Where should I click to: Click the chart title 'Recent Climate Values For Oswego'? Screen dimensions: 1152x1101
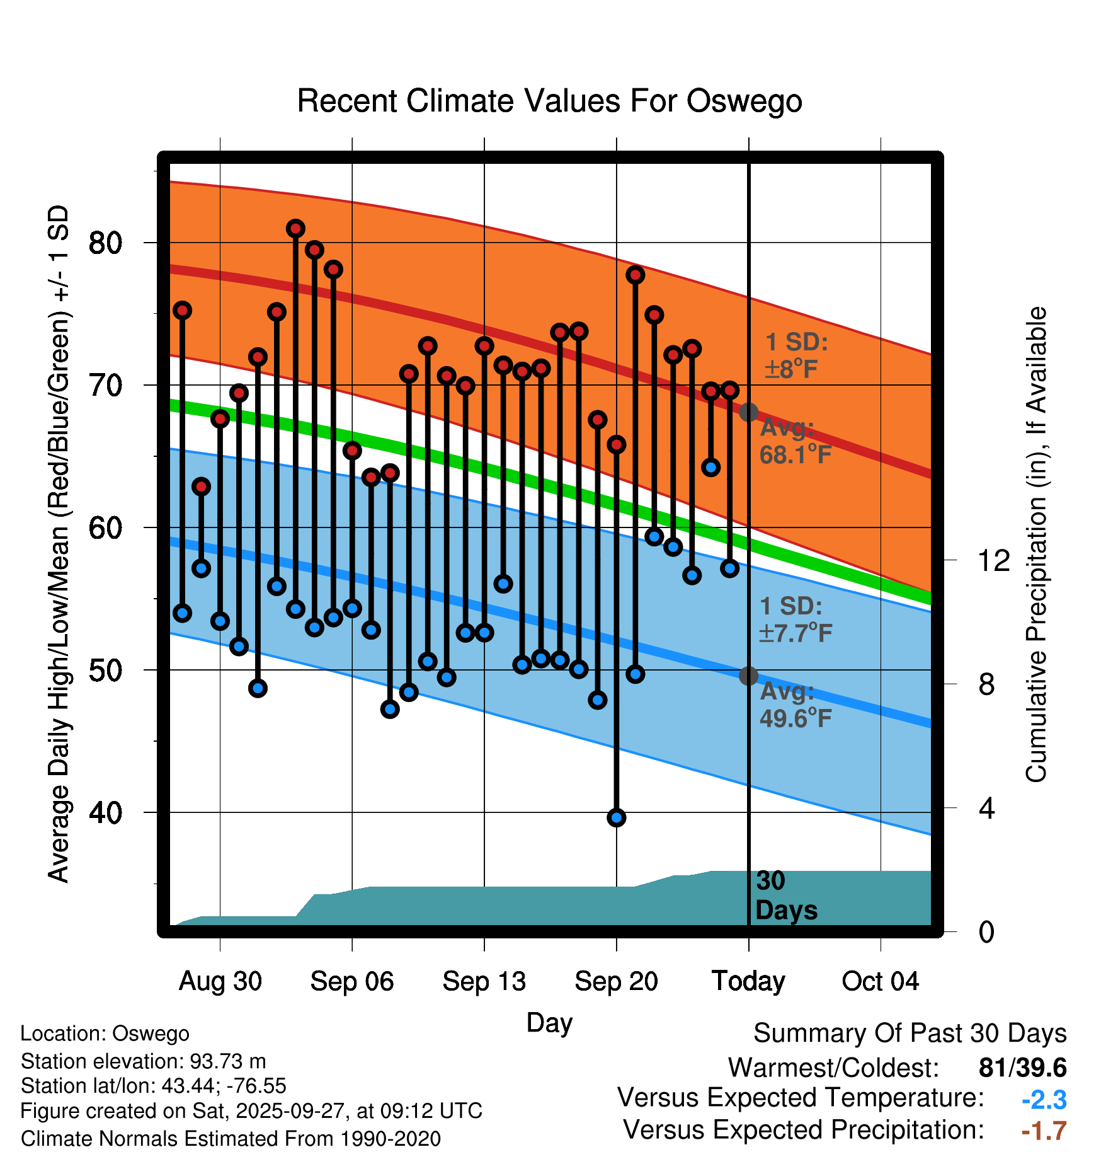point(549,101)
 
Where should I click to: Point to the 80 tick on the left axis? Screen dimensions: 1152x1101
point(105,243)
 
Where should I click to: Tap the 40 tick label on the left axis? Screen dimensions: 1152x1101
point(105,812)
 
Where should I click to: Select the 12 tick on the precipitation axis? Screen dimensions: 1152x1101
point(994,560)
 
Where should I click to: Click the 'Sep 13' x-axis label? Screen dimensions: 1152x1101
point(484,981)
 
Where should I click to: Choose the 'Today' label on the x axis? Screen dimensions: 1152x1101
point(748,981)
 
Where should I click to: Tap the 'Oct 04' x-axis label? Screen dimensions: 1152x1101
point(880,981)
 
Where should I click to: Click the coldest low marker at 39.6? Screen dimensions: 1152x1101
point(616,817)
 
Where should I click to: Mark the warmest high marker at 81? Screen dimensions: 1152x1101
point(295,229)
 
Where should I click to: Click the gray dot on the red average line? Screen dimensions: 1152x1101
point(748,412)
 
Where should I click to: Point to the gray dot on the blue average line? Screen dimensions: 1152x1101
point(748,676)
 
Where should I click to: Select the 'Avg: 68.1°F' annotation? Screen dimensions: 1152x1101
point(795,441)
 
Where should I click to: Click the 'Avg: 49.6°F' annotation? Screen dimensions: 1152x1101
point(795,705)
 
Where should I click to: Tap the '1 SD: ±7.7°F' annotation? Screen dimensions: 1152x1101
point(795,619)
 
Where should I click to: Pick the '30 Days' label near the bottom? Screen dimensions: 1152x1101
point(785,896)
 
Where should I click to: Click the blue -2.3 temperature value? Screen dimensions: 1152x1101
point(1044,1100)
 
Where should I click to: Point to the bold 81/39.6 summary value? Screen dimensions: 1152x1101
point(1022,1068)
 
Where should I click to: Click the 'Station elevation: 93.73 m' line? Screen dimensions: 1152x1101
point(143,1061)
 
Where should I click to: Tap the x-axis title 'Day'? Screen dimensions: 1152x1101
point(549,1023)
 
